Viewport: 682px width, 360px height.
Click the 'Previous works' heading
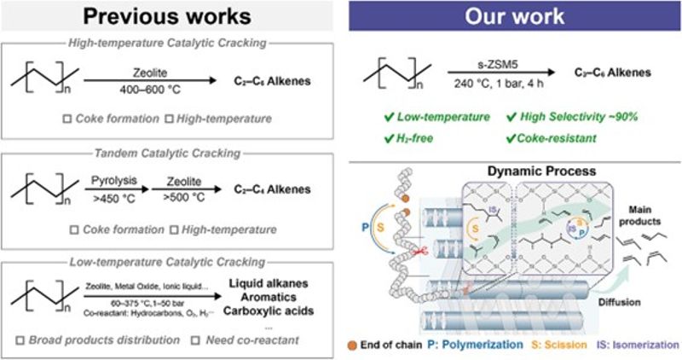coord(170,18)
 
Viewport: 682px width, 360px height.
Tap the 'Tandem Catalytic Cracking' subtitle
coord(170,154)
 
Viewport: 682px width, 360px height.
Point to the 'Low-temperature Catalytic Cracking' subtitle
coord(170,255)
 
